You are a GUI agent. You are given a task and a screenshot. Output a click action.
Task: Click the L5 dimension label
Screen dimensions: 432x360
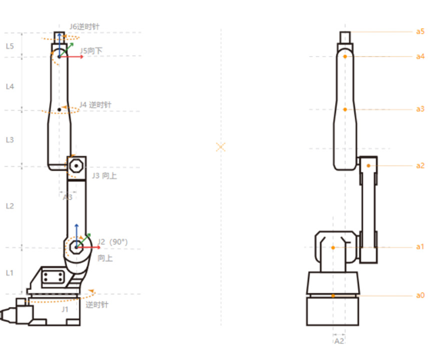(10, 46)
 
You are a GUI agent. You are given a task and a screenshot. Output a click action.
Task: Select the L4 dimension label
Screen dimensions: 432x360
(10, 87)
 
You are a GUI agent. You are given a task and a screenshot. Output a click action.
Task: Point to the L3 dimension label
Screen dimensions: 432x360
(10, 140)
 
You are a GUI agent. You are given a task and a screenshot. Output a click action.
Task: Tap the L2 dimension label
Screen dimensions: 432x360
(10, 206)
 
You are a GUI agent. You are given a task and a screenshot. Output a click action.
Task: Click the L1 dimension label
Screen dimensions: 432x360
(10, 273)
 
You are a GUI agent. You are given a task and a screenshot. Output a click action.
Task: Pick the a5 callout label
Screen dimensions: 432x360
(420, 32)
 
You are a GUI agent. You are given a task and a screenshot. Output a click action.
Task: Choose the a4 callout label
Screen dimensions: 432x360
(420, 56)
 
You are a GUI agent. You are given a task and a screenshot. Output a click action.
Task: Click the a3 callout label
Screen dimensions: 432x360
(420, 109)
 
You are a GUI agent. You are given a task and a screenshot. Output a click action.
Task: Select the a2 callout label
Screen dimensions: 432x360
(420, 165)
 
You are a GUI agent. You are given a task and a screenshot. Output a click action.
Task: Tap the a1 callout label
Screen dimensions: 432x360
(420, 247)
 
